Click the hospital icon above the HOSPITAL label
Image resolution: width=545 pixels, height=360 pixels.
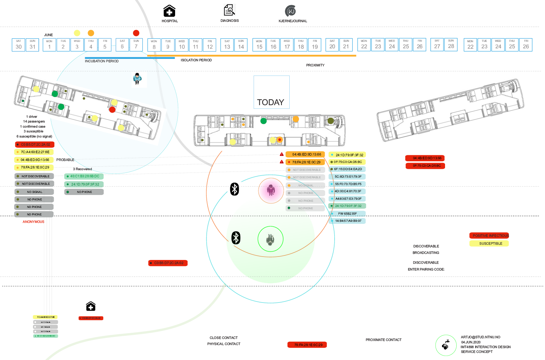pyautogui.click(x=169, y=11)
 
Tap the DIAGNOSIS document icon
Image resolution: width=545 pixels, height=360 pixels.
pyautogui.click(x=229, y=10)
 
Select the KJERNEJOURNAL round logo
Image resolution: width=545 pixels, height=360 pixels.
pyautogui.click(x=291, y=11)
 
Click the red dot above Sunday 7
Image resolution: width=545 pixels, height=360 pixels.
pyautogui.click(x=136, y=33)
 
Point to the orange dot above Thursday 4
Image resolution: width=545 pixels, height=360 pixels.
pyautogui.click(x=91, y=33)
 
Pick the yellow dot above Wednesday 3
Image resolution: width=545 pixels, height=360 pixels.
pyautogui.click(x=77, y=33)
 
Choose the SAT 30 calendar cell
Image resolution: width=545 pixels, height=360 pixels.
pyautogui.click(x=19, y=45)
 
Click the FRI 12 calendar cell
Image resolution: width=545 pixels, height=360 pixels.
pyautogui.click(x=210, y=45)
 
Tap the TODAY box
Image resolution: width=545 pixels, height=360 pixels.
pyautogui.click(x=271, y=92)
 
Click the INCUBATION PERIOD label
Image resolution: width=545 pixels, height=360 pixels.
pyautogui.click(x=102, y=61)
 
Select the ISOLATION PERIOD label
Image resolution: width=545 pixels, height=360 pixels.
pyautogui.click(x=196, y=60)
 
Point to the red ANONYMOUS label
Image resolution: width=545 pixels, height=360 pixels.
pyautogui.click(x=33, y=222)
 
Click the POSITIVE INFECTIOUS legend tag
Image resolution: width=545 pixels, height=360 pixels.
pyautogui.click(x=491, y=235)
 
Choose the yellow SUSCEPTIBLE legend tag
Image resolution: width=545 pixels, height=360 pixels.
pyautogui.click(x=491, y=244)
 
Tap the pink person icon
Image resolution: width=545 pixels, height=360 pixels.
pyautogui.click(x=271, y=190)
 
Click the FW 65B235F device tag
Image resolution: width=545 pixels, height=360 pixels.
pyautogui.click(x=347, y=214)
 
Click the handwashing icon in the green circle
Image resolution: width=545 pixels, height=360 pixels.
pyautogui.click(x=446, y=345)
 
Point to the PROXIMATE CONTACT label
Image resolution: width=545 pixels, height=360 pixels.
pyautogui.click(x=384, y=340)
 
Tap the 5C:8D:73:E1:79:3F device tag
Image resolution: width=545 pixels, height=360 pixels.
pyautogui.click(x=347, y=177)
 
